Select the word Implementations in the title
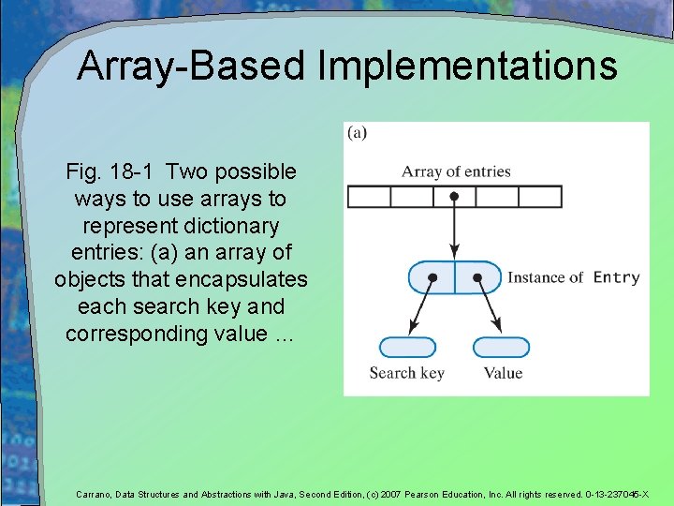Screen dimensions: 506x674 (467, 67)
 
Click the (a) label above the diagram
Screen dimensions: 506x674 (357, 132)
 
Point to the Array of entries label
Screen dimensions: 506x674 (456, 171)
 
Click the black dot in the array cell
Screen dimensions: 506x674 (454, 197)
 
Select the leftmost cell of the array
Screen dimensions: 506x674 (368, 197)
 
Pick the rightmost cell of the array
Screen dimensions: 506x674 (540, 197)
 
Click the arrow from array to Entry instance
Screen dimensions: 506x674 (454, 230)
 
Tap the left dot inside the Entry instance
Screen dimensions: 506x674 (432, 278)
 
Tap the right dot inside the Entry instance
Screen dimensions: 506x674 (477, 278)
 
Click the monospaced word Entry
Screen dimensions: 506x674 (617, 277)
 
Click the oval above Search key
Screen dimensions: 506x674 (407, 348)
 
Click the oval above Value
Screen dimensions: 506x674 (501, 348)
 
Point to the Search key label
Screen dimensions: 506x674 (407, 373)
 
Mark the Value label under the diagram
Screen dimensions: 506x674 (503, 373)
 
